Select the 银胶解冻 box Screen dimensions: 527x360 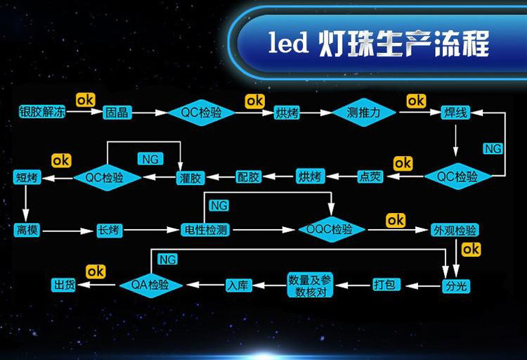coord(42,112)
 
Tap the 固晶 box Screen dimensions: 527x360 coord(116,112)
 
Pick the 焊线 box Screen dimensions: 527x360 coord(455,112)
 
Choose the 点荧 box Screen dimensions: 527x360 coord(370,176)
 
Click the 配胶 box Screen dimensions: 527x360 coord(248,176)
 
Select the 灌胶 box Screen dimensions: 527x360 coord(189,176)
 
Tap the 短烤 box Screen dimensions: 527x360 coord(28,177)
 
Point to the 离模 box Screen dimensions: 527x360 coord(28,230)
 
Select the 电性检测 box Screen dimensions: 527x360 coord(204,230)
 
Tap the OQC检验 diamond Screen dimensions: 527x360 coord(330,230)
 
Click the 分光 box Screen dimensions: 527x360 coord(455,285)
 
